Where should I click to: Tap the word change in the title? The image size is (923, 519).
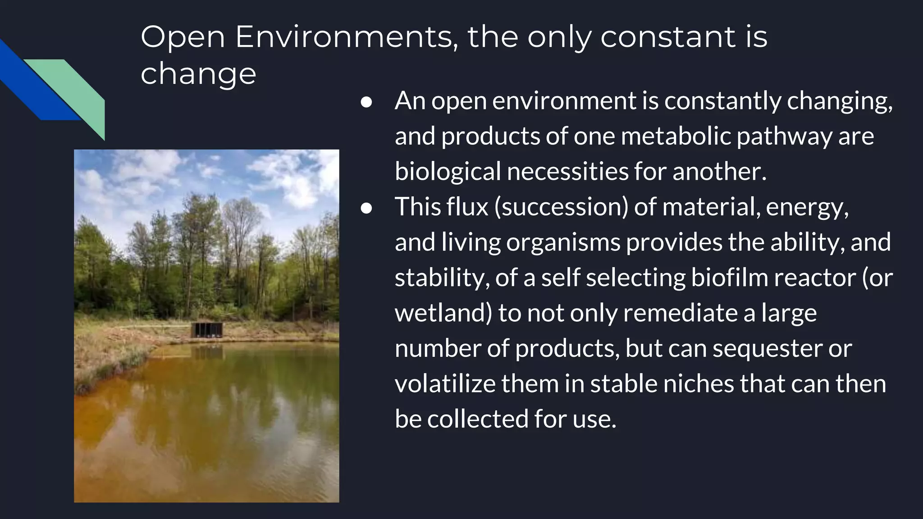point(198,74)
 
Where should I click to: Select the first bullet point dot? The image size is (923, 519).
point(366,102)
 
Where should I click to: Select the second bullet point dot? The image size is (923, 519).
point(366,208)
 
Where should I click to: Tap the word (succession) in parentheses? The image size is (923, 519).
point(561,207)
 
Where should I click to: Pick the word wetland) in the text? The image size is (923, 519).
point(443,313)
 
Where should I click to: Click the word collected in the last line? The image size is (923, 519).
point(478,419)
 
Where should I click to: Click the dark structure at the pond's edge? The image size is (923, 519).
point(207,330)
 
